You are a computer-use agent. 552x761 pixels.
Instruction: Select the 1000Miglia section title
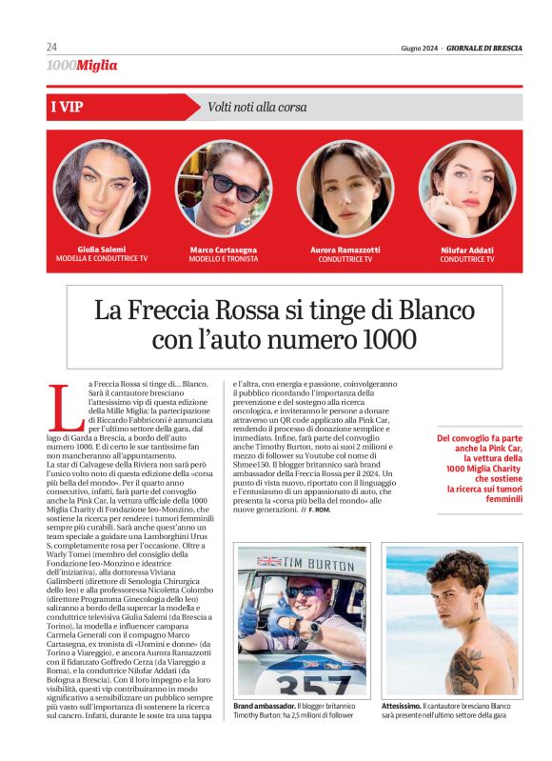click(82, 66)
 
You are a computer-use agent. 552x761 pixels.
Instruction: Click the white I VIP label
click(66, 107)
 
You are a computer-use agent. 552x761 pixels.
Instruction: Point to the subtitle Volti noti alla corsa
click(257, 108)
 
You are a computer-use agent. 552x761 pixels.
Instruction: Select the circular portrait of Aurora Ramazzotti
click(345, 189)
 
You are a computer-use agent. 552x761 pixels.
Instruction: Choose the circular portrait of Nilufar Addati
click(466, 189)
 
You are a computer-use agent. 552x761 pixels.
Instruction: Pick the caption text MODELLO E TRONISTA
click(224, 258)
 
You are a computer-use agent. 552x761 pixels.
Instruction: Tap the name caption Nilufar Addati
click(467, 250)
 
